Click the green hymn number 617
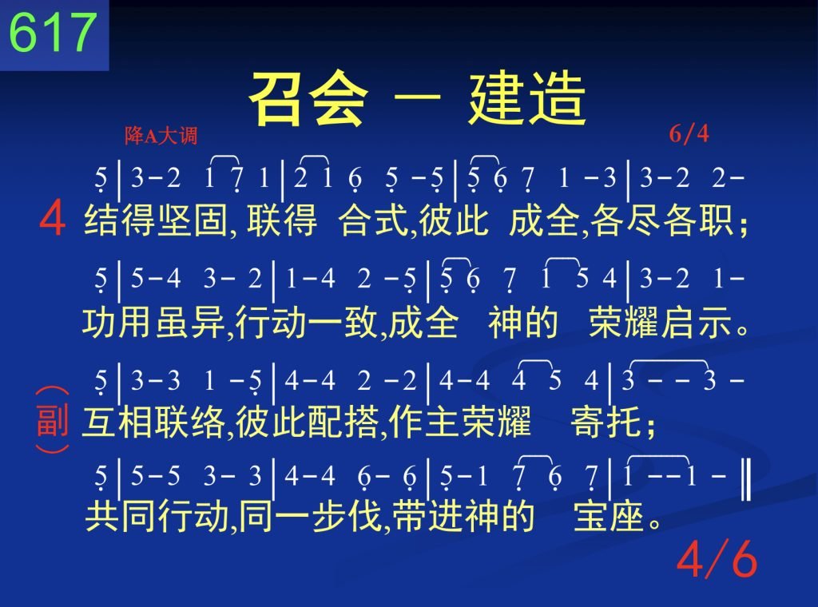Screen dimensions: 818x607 pos(53,32)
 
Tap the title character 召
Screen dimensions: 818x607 pos(278,99)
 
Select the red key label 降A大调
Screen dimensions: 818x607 pos(161,136)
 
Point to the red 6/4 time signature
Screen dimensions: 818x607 pos(689,134)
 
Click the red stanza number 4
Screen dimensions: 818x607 pos(52,220)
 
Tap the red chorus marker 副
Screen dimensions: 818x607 pos(52,420)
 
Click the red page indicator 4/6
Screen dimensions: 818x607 pos(717,558)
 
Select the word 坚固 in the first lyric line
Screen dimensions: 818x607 pos(193,220)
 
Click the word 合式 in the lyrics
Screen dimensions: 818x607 pos(374,220)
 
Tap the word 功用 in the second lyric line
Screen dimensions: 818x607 pos(117,323)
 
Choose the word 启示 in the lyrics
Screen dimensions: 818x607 pos(697,323)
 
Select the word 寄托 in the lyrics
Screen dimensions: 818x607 pos(606,421)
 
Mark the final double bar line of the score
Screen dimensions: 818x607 pos(746,478)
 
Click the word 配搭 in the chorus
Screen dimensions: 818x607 pos(343,421)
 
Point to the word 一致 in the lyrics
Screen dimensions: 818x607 pos(343,323)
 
